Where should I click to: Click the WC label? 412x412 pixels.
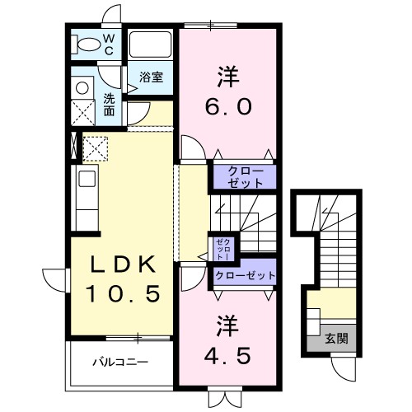[109, 44]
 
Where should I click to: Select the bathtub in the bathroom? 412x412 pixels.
[150, 44]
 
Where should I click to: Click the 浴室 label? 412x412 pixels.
[151, 77]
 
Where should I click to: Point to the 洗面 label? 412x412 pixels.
[110, 105]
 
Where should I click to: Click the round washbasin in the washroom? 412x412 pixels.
[82, 88]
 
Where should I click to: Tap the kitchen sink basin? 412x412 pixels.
[87, 179]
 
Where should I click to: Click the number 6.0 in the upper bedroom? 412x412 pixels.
[228, 106]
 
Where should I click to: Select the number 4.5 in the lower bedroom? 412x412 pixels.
[227, 355]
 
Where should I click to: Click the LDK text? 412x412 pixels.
[123, 264]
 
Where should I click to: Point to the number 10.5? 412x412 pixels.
[123, 293]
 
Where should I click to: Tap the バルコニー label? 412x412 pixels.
[120, 362]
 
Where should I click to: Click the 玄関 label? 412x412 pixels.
[336, 339]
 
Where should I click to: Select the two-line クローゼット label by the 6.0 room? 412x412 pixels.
[246, 177]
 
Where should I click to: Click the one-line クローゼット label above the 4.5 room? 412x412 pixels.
[246, 275]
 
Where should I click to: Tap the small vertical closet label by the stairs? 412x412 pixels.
[224, 250]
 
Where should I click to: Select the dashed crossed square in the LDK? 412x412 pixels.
[95, 149]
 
